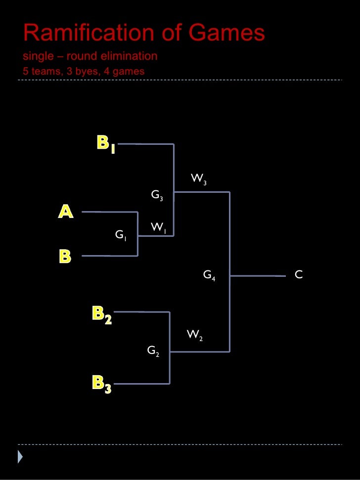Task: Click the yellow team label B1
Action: [x=106, y=144]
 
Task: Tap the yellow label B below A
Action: [x=65, y=256]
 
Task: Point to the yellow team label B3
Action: [x=101, y=384]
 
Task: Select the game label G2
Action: [x=153, y=351]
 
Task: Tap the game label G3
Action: [x=157, y=196]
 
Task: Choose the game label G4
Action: [x=209, y=275]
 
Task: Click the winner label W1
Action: [x=158, y=227]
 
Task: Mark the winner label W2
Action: [x=194, y=336]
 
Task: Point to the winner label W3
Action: [x=199, y=179]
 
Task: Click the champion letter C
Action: [x=298, y=274]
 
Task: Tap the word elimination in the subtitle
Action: [x=129, y=56]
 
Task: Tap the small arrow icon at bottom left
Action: [x=20, y=457]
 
